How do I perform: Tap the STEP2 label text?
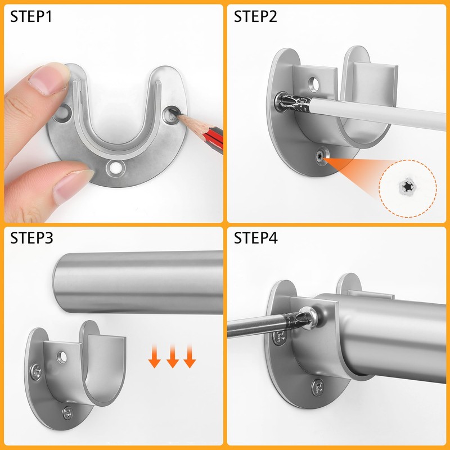pos(256,16)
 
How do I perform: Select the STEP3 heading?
pos(31,238)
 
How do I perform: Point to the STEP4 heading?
pos(256,238)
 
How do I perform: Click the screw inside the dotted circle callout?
pos(408,186)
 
